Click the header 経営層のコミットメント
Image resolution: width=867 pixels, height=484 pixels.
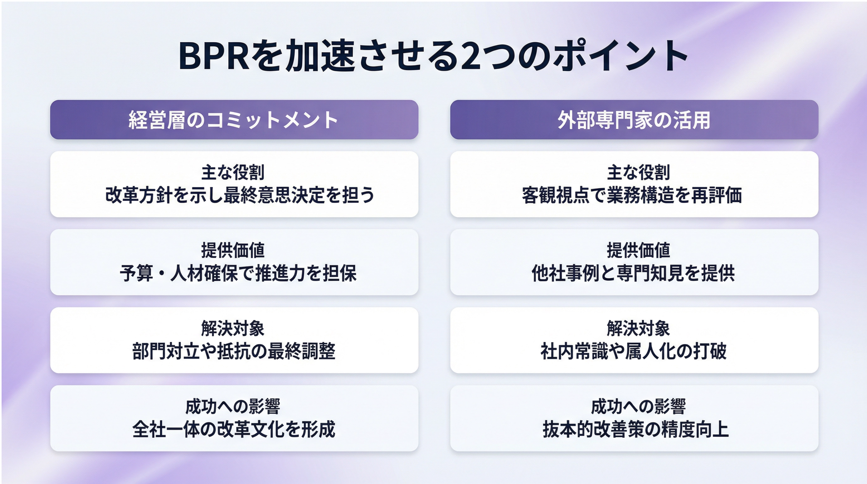pos(233,120)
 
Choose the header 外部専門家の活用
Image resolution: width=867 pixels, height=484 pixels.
pos(634,120)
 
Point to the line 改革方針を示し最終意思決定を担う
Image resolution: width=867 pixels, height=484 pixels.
pos(240,195)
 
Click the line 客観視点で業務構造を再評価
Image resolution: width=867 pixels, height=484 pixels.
pos(632,195)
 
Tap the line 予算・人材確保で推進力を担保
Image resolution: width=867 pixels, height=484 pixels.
pos(238,273)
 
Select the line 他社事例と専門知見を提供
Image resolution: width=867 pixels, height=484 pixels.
pos(633,273)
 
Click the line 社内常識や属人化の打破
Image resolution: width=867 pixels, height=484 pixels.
pos(634,351)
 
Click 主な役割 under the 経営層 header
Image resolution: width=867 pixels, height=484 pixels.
pos(233,172)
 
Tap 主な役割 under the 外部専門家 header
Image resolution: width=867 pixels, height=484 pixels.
pos(639,172)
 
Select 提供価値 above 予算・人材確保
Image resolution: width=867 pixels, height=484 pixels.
pos(233,250)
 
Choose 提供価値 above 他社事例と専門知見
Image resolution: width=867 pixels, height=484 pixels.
pos(639,250)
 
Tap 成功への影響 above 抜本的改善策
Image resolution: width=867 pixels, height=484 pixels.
pos(639,406)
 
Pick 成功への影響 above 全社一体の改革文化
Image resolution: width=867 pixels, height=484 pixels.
pos(233,406)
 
